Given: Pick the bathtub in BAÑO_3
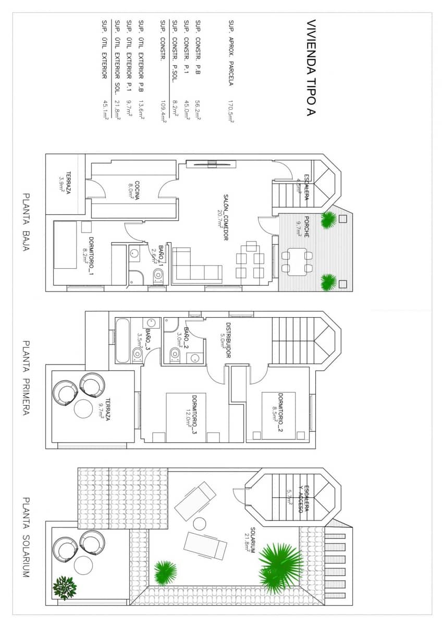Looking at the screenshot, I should point(121,340).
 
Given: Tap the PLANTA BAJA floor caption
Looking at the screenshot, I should point(26,222).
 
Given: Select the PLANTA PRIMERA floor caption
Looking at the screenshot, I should point(26,378).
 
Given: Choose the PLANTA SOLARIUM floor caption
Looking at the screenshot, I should point(26,537).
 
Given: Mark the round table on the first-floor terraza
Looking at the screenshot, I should point(83,408).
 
